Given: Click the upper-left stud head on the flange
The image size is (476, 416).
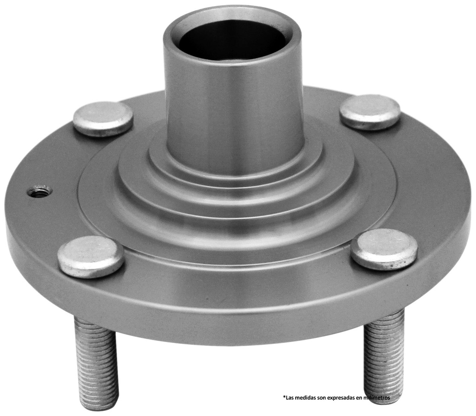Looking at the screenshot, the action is pos(103,119).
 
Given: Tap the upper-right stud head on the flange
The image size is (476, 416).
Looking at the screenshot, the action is pos(370,112).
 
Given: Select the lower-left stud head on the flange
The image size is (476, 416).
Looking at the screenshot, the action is pos(91,257).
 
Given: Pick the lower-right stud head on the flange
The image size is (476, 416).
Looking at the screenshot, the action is pos(384,249).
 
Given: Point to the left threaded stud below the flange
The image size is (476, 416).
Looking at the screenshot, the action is pos(96,363).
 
